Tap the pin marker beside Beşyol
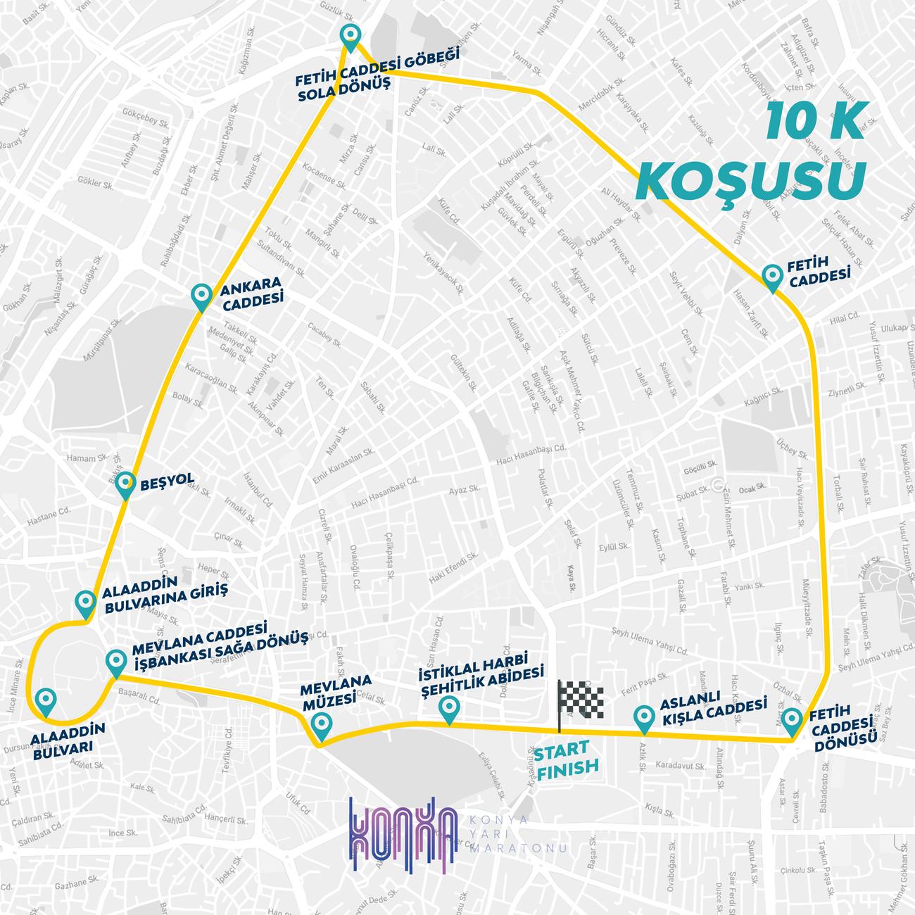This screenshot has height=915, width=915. [125, 485]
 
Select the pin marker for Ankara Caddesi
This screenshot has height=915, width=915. [203, 296]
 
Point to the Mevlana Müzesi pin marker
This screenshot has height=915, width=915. [321, 724]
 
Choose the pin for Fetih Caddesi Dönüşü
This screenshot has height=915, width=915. [793, 720]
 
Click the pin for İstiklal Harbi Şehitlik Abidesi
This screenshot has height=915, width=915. [447, 707]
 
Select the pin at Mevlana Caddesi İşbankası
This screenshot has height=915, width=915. [115, 662]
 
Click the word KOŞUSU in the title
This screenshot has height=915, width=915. [750, 179]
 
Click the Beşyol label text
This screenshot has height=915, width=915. [167, 481]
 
